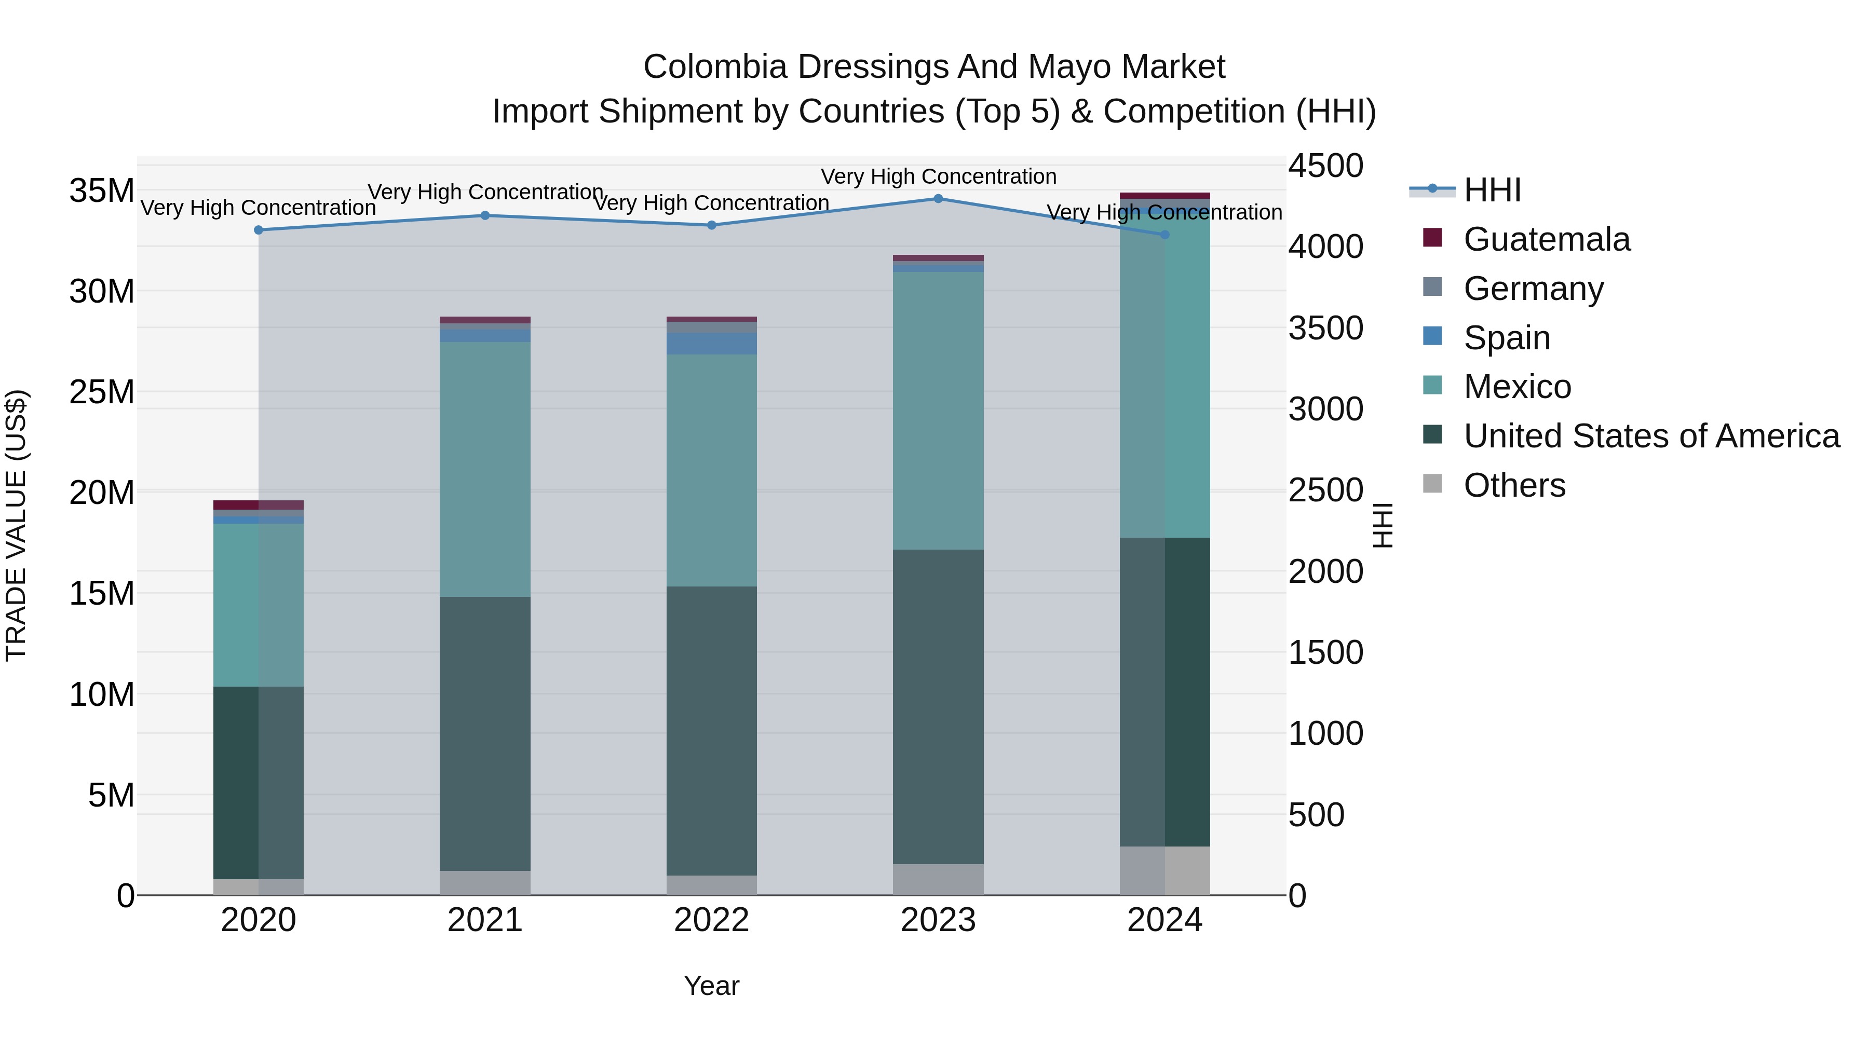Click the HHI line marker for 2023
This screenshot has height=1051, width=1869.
938,198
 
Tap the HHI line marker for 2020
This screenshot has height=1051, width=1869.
259,230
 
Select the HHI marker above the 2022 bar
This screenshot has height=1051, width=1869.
712,225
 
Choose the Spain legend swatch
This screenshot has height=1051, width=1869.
1432,336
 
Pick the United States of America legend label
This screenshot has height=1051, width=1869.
1651,436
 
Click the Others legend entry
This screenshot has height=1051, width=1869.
1514,485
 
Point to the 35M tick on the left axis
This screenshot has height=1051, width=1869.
102,191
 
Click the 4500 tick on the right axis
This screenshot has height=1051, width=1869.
1325,166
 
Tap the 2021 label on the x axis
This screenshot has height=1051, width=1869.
485,920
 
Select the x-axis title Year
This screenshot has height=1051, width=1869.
711,986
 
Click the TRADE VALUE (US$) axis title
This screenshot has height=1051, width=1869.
17,525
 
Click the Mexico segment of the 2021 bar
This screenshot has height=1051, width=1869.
485,469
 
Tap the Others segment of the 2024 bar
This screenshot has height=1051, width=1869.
1164,870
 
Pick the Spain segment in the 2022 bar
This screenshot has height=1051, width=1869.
712,343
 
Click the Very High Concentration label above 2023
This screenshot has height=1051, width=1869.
938,176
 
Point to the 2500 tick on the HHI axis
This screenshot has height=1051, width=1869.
1325,490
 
